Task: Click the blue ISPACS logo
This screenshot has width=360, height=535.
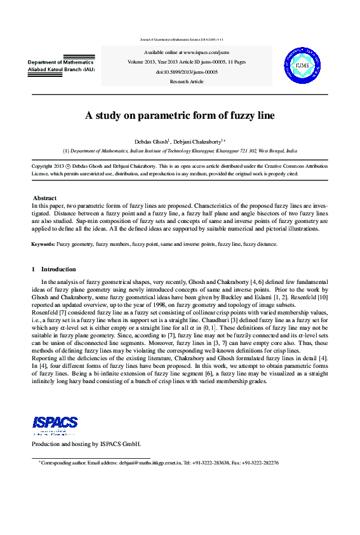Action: coord(55,423)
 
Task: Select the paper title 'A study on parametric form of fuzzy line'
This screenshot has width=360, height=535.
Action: coord(180,116)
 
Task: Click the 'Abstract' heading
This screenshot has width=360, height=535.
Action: coord(44,198)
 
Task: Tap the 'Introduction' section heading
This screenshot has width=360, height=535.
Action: coord(58,269)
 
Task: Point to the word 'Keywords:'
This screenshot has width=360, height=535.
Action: coord(43,244)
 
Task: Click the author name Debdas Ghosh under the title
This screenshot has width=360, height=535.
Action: coord(151,140)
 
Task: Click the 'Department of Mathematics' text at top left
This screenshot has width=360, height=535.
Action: coord(61,62)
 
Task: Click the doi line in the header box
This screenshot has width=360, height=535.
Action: coord(187,72)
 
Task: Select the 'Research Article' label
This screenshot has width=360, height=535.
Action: coord(187,81)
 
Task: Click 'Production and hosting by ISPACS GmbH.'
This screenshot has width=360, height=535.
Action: coord(86,444)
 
